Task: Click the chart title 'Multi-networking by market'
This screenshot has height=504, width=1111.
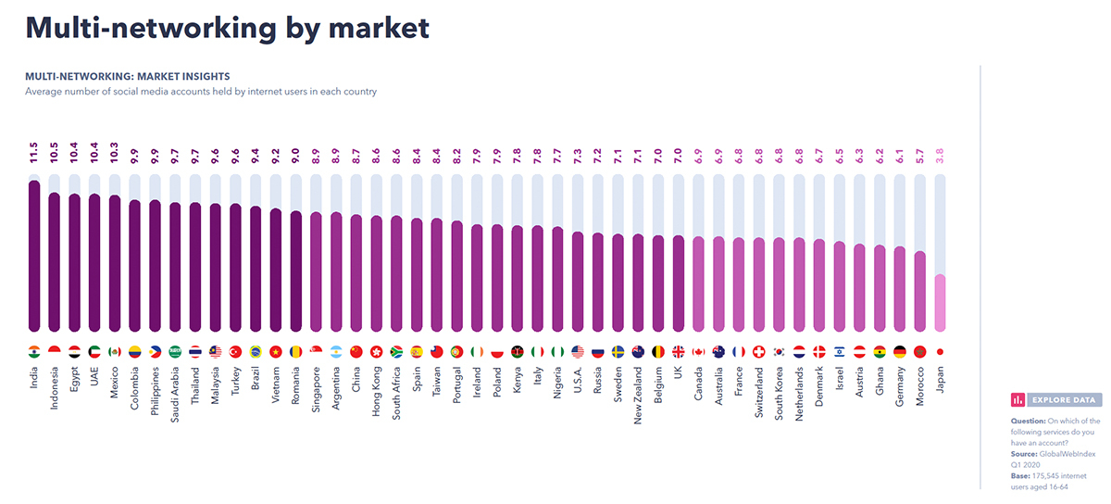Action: (227, 28)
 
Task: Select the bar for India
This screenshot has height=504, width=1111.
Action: (34, 255)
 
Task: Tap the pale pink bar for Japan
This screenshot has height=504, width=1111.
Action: (941, 303)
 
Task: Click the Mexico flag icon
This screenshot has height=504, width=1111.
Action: (115, 352)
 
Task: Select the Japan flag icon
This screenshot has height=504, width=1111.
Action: (941, 352)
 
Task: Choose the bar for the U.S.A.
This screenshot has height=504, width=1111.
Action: (578, 281)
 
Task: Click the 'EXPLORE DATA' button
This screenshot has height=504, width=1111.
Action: (1055, 400)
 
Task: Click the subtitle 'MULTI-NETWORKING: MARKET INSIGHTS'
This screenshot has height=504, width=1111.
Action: (128, 76)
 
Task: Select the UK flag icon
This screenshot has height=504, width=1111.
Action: (679, 352)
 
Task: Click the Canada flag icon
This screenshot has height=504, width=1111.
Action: (699, 352)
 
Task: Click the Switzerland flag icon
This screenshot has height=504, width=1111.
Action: (759, 352)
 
